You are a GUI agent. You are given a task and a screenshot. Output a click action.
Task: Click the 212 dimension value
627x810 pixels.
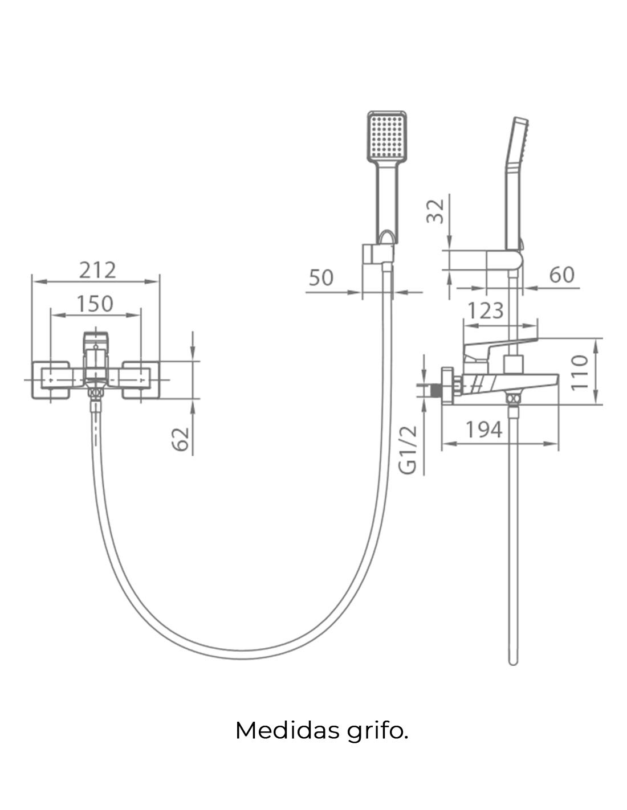tap(97, 270)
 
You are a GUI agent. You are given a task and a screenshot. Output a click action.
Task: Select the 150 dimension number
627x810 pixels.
tap(95, 304)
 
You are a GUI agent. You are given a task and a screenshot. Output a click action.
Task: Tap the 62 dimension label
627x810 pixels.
tap(181, 439)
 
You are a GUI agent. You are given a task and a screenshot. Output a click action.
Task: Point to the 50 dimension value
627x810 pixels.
tap(321, 278)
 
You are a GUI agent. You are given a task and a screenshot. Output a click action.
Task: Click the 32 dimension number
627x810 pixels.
tap(435, 211)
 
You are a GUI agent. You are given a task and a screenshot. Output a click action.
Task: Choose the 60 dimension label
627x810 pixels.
tap(561, 275)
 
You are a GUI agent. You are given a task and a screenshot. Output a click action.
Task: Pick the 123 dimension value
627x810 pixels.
tap(486, 310)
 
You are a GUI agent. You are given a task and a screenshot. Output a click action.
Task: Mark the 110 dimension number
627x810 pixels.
tap(580, 373)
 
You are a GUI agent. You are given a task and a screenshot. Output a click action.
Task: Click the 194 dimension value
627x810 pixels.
tap(484, 430)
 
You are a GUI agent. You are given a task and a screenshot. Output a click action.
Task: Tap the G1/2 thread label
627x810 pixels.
tap(408, 450)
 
